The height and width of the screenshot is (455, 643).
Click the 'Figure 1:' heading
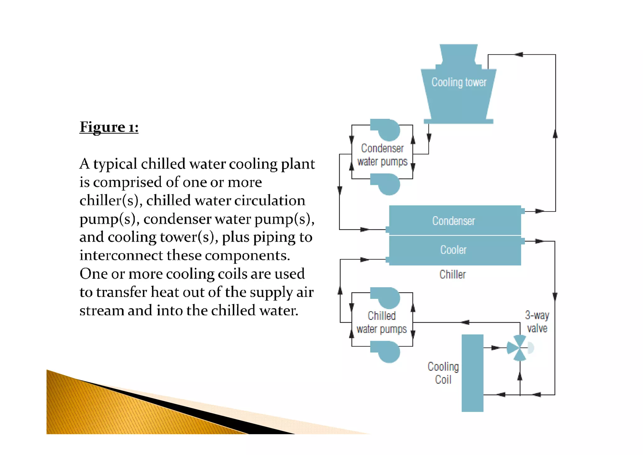[109, 127]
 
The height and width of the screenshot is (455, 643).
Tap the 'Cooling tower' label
[459, 82]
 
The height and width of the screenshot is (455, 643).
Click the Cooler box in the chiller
[453, 250]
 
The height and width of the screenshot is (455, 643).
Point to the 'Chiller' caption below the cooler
[452, 275]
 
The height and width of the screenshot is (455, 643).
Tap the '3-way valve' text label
[537, 322]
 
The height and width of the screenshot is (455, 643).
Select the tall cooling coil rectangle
[472, 373]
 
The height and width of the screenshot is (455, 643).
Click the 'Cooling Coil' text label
[443, 373]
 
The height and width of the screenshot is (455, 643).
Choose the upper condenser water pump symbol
[387, 129]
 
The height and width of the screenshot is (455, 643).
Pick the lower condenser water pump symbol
[387, 184]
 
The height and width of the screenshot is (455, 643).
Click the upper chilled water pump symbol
[387, 297]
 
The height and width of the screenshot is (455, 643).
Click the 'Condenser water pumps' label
[382, 155]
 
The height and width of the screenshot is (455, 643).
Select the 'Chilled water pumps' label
[381, 322]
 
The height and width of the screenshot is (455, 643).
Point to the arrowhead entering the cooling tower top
[519, 55]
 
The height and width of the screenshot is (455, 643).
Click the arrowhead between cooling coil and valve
[495, 348]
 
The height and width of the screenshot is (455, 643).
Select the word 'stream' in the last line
[101, 311]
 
